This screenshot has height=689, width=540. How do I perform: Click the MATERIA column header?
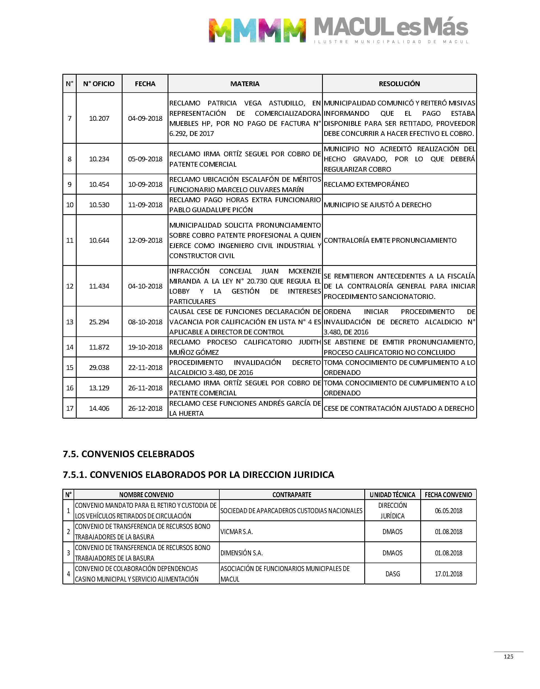click(x=245, y=84)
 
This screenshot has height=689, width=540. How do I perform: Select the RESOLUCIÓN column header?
click(x=399, y=84)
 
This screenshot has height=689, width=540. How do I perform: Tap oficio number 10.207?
click(x=99, y=119)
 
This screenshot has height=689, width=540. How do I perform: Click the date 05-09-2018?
click(x=145, y=159)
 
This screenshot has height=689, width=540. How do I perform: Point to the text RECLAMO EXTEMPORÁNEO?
click(x=366, y=185)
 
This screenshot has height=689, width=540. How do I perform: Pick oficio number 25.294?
click(x=99, y=322)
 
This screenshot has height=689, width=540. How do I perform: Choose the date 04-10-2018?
click(x=145, y=286)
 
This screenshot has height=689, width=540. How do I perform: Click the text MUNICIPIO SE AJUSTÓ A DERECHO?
click(x=377, y=205)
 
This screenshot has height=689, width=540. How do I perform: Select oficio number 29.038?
click(x=99, y=367)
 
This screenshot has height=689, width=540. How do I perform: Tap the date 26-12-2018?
click(x=145, y=408)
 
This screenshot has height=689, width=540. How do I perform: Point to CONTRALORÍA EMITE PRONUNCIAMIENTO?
click(x=390, y=240)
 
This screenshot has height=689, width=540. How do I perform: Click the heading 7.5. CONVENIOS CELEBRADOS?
click(x=128, y=454)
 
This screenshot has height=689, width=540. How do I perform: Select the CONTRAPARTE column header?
click(x=292, y=495)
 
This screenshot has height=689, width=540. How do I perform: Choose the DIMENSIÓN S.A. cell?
click(x=241, y=553)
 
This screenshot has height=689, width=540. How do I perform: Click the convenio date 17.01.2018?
click(x=448, y=574)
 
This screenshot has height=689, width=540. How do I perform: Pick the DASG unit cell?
click(x=392, y=574)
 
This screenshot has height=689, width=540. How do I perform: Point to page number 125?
click(x=508, y=657)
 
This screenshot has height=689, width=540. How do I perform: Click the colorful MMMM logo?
click(x=257, y=30)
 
